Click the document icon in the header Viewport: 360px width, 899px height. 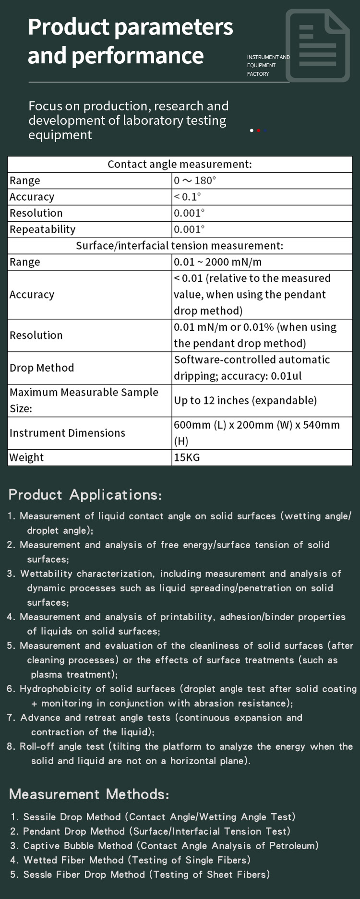pos(317,46)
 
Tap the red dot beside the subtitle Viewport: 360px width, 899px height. pos(259,131)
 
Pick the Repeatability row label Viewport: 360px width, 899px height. pos(43,229)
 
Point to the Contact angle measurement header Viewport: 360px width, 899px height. pos(180,164)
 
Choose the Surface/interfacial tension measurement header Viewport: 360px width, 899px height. pos(180,246)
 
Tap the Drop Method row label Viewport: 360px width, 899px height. pos(42,368)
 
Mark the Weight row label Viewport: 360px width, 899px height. pos(26,457)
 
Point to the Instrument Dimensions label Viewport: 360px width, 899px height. pos(67,433)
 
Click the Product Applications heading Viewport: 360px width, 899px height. pos(85,495)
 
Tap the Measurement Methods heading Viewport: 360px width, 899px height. pos(89,794)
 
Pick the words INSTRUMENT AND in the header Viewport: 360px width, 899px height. pos(268,57)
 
